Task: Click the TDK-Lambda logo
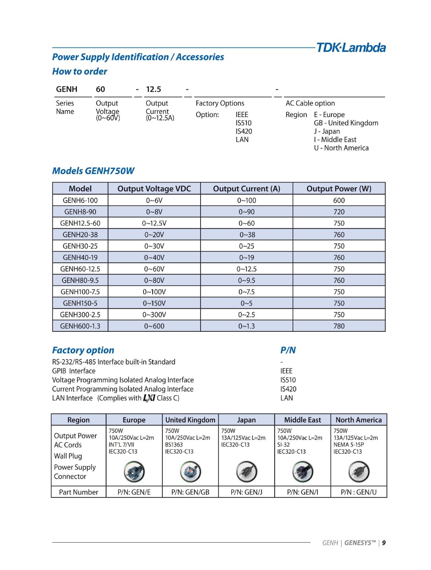coord(351,48)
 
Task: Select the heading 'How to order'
coord(80,72)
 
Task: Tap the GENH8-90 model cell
coord(80,212)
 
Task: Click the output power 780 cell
coord(339,326)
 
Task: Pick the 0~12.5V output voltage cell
coord(154,223)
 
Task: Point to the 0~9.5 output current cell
coord(246,280)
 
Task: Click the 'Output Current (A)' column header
coord(246,189)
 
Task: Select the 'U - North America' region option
coord(341,148)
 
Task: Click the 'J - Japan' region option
coord(327,131)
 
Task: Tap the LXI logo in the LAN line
coord(149,398)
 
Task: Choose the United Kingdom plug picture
coord(190,472)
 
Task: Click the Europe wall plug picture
coord(134,472)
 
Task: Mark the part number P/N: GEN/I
coord(302,492)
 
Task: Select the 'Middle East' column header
coord(303,420)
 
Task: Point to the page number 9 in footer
coord(384,543)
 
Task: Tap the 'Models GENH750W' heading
coord(93,171)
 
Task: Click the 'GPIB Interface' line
coord(74,371)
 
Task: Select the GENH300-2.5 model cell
coord(80,315)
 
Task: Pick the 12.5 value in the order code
coord(153,89)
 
